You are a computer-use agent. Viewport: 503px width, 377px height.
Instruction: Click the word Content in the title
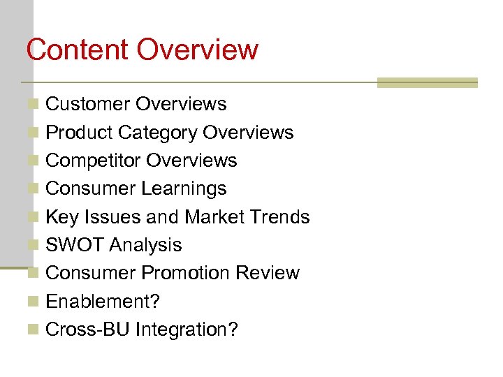click(78, 50)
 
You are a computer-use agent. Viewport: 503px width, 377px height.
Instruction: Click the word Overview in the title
click(198, 50)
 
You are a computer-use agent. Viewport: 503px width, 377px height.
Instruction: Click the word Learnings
click(184, 188)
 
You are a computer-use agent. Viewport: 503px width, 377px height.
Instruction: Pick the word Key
click(61, 217)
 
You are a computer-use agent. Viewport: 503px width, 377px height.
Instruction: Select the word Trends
click(277, 217)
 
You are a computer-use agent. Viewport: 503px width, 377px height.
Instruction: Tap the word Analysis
click(145, 245)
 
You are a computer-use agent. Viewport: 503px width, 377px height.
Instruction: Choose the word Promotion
click(185, 273)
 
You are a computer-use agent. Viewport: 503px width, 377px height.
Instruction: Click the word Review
click(268, 273)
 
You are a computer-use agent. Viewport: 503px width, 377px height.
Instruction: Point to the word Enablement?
click(103, 302)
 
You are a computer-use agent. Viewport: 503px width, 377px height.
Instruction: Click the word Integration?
click(186, 330)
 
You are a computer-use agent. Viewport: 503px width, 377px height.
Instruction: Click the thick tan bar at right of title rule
click(427, 83)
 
